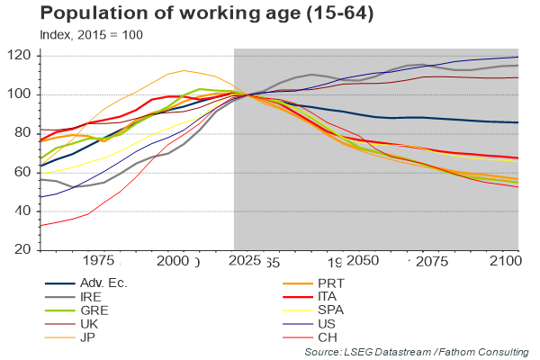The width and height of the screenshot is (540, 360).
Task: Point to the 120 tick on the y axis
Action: coord(21,56)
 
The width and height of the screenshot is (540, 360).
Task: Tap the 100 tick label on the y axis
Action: coord(21,94)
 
